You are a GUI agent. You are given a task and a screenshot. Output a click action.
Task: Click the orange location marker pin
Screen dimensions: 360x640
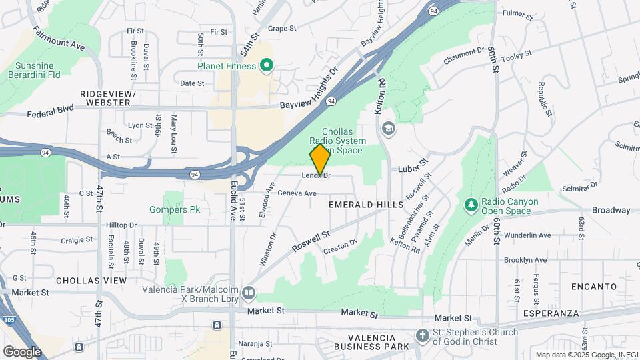pyautogui.click(x=320, y=159)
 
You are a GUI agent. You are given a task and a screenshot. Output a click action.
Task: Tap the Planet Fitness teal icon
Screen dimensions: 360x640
pyautogui.click(x=267, y=65)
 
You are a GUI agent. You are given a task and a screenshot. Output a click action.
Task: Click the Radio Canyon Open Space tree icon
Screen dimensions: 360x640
pyautogui.click(x=471, y=203)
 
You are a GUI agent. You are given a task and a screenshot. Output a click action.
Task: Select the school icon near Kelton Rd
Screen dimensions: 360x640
pyautogui.click(x=388, y=127)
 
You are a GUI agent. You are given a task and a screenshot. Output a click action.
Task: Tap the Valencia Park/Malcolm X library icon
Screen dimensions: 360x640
pyautogui.click(x=249, y=292)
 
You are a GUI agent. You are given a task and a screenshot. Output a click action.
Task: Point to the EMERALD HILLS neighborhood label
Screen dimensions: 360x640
pyautogui.click(x=367, y=205)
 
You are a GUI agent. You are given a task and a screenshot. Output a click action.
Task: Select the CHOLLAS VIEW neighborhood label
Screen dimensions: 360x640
pyautogui.click(x=91, y=281)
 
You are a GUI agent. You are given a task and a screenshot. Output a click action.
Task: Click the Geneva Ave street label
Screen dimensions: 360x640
pyautogui.click(x=297, y=193)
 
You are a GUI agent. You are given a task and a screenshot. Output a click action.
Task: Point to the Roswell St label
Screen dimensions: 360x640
pyautogui.click(x=311, y=241)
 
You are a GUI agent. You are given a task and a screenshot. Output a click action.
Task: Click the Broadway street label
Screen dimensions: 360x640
pyautogui.click(x=611, y=210)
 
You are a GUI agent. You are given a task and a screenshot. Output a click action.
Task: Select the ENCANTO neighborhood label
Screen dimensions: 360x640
pyautogui.click(x=594, y=286)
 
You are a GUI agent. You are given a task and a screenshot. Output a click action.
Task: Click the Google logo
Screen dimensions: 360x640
pyautogui.click(x=22, y=351)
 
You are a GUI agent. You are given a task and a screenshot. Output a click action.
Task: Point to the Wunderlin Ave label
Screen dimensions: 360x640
pyautogui.click(x=527, y=235)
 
